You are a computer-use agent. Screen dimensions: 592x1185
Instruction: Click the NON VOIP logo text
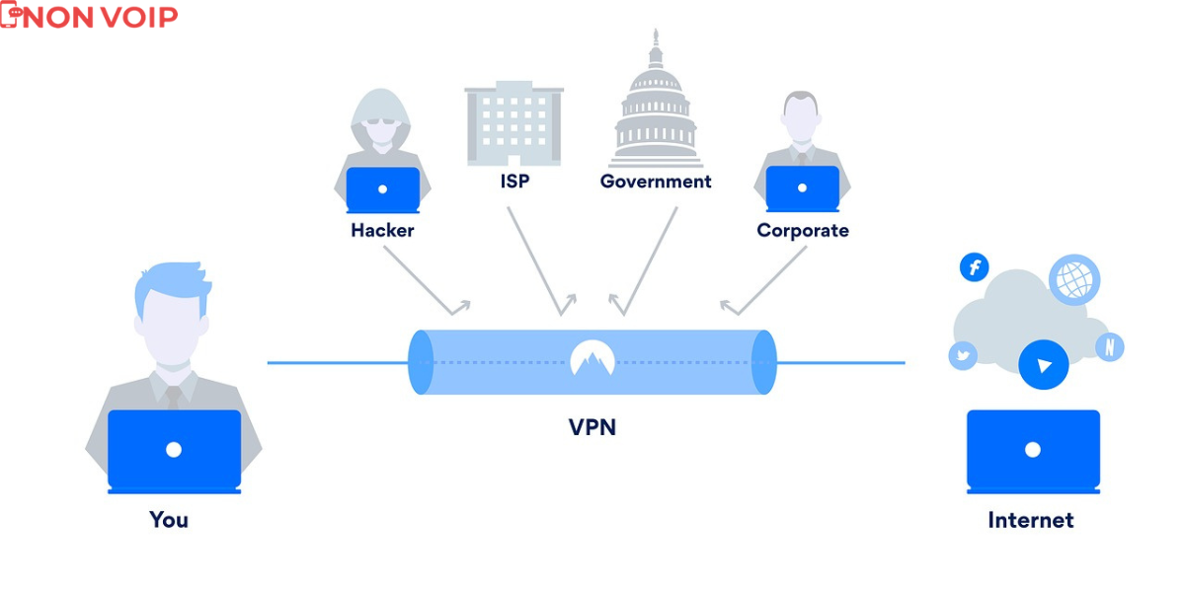pos(99,17)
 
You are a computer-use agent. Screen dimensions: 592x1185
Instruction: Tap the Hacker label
pos(382,231)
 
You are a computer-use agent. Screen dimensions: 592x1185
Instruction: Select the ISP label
pos(513,182)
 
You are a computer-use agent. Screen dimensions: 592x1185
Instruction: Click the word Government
pos(656,182)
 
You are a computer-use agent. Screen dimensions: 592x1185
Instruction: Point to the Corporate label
pos(802,231)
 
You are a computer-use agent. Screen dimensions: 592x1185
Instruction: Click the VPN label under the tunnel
pos(592,427)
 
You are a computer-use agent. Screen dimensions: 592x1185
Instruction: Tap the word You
pos(169,519)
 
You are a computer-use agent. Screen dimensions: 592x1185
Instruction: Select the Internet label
pos(1030,520)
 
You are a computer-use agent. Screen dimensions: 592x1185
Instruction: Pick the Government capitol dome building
pos(656,104)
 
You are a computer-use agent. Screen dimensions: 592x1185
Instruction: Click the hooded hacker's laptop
pos(382,188)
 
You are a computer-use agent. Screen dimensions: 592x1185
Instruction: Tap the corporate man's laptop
pos(802,188)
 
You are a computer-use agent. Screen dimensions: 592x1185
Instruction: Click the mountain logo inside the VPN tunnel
pos(592,359)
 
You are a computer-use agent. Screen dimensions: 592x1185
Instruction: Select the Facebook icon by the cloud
pos(975,266)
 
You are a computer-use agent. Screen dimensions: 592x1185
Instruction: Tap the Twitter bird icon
pos(963,356)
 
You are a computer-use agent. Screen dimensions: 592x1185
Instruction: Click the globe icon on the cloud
pos(1073,278)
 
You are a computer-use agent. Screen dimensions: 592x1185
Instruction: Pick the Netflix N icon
pos(1110,347)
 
